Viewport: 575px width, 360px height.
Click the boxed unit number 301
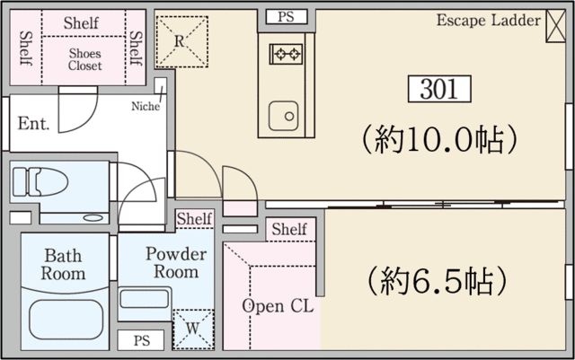[x=438, y=89]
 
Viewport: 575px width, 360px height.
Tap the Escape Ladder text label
[x=489, y=20]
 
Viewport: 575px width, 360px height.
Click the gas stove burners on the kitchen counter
[x=286, y=55]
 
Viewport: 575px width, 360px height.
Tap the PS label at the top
[x=286, y=17]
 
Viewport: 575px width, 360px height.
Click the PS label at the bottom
[x=141, y=341]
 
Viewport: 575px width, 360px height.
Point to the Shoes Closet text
[x=85, y=59]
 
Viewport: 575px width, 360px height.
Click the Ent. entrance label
[x=33, y=122]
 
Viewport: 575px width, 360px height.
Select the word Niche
[x=146, y=106]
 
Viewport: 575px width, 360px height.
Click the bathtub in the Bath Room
[x=65, y=316]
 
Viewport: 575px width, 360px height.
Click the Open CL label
[x=277, y=306]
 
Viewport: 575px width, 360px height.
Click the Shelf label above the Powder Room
[x=193, y=219]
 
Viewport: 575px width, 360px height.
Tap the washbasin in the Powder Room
[x=145, y=300]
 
